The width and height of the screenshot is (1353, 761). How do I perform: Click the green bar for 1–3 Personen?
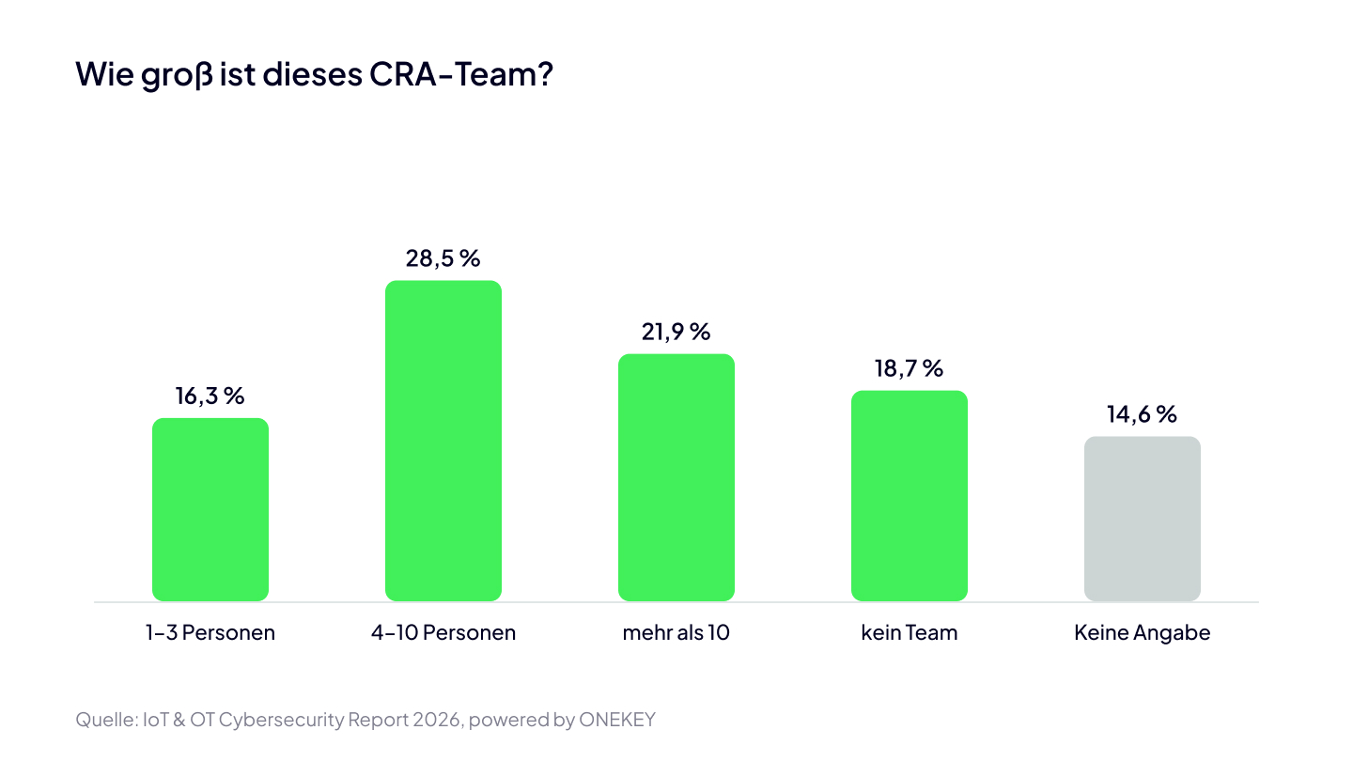[x=210, y=509]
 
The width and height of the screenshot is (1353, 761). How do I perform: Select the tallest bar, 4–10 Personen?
[x=443, y=441]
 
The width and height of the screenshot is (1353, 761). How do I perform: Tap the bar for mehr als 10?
[x=676, y=477]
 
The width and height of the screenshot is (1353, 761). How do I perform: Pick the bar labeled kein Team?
[x=910, y=495]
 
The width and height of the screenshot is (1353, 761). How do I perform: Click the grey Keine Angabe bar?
[x=1143, y=519]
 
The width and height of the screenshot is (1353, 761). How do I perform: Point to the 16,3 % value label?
[x=210, y=396]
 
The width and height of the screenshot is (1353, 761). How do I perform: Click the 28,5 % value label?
[x=443, y=258]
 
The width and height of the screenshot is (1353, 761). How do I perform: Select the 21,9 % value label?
[x=676, y=332]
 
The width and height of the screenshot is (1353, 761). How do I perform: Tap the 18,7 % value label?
[x=910, y=368]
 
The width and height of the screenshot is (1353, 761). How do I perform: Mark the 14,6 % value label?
[x=1142, y=414]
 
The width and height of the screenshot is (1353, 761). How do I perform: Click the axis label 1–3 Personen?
[x=210, y=632]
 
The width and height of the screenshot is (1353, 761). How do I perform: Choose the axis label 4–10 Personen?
[x=443, y=632]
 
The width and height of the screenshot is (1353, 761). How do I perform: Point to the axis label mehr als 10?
[x=676, y=632]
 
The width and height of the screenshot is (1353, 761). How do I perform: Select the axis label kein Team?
[x=910, y=632]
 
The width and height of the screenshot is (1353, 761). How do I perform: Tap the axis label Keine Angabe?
[x=1143, y=632]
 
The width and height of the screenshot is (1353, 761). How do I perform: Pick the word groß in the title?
[x=178, y=76]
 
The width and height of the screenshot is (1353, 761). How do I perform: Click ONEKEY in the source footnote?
[x=616, y=720]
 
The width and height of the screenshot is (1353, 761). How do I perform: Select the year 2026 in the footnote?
[x=437, y=720]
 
